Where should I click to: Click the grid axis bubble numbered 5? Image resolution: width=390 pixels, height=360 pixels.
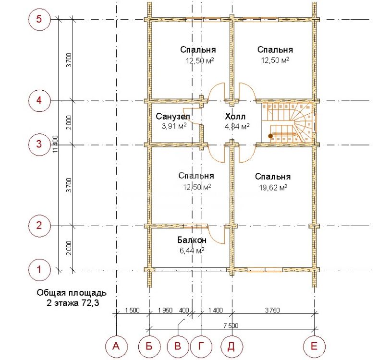point(39,19)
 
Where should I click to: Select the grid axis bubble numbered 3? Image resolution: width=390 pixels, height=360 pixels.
point(39,144)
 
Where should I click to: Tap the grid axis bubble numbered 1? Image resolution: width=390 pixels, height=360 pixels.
point(39,269)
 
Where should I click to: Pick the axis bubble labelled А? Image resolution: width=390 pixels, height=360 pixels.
point(116,346)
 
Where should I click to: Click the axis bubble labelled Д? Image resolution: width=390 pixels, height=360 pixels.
point(232,346)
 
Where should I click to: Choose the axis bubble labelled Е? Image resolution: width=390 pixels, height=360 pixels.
point(315,346)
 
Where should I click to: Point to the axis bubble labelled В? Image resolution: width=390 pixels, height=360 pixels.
point(178,346)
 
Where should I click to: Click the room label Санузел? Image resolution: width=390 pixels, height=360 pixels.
point(173,116)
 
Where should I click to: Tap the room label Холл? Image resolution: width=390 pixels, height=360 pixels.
point(235,116)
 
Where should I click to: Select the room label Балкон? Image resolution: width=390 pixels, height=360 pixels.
point(192,240)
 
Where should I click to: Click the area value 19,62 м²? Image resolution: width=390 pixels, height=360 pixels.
point(273,187)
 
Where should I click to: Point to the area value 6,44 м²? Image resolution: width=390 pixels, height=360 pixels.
point(192,250)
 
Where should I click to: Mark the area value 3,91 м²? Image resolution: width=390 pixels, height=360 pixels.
point(174,126)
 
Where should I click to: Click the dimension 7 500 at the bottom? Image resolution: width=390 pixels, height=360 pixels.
point(231,325)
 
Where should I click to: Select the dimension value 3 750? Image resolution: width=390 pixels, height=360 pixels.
point(272,310)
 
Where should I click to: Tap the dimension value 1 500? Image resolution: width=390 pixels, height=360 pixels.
point(133,310)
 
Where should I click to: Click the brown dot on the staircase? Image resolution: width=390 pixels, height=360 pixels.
point(270,136)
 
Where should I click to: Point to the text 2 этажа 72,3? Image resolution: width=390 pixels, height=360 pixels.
point(73,303)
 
